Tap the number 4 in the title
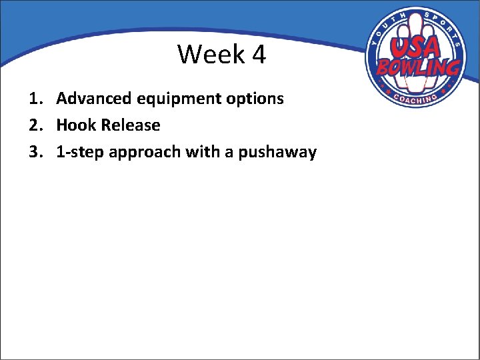pyautogui.click(x=259, y=55)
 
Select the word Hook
pyautogui.click(x=77, y=125)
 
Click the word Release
pyautogui.click(x=131, y=125)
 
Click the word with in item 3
pyautogui.click(x=202, y=152)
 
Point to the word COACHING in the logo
pyautogui.click(x=415, y=98)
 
